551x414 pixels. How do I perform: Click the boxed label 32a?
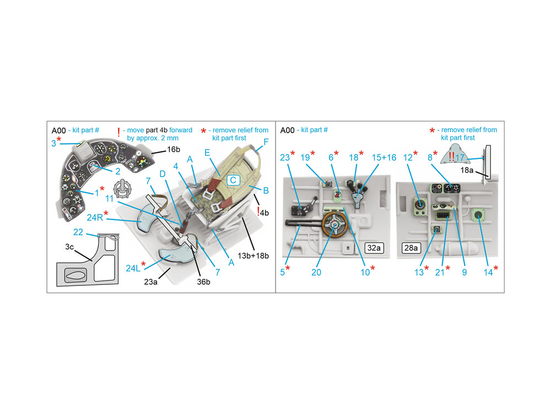374,248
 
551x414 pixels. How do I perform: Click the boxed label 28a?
411,248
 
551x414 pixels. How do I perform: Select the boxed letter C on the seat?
233,181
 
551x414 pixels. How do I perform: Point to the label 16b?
173,149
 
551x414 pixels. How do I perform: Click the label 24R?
95,217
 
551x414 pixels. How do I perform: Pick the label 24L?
133,268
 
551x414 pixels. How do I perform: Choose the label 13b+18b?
253,256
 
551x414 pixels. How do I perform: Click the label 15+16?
383,158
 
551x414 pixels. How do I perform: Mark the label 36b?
203,282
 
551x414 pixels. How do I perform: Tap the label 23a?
150,282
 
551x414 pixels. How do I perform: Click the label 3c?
69,247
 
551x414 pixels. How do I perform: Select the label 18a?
467,171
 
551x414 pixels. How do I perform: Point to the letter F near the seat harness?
266,142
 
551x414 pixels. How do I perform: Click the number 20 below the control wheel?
316,272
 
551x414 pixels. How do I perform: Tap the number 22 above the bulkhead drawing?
78,232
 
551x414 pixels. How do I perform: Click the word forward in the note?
181,130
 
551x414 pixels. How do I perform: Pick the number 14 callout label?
488,272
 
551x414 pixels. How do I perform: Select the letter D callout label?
162,174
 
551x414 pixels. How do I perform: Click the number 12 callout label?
407,158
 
